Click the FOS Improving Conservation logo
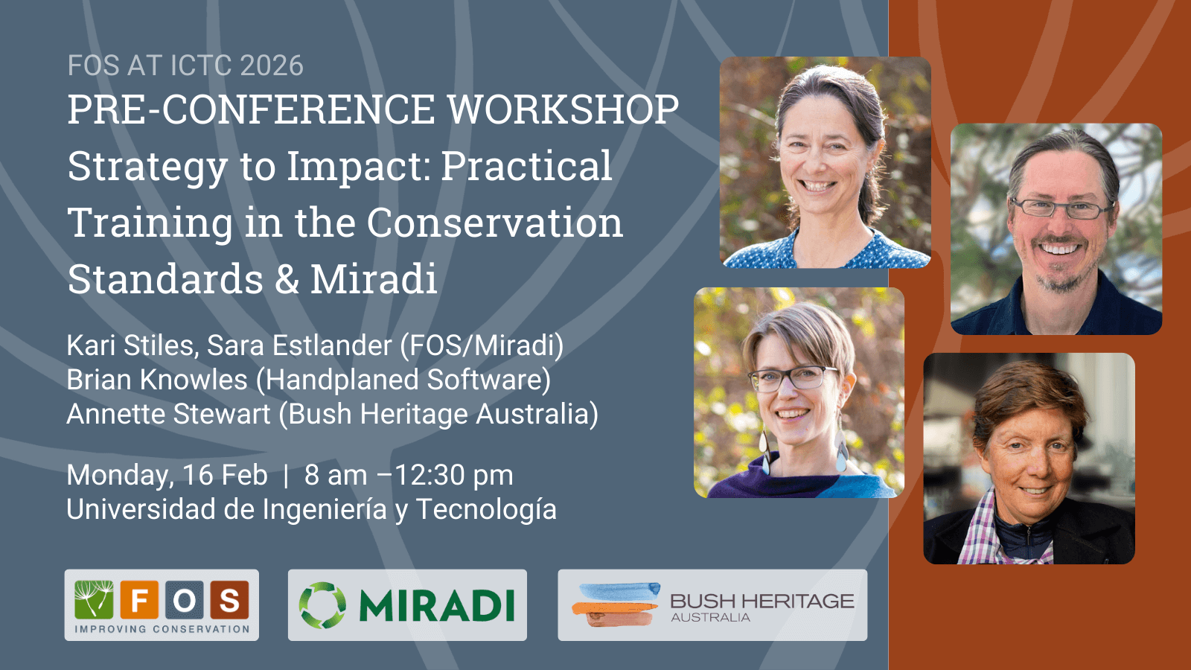[162, 605]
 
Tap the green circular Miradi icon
[322, 605]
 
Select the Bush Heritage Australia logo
[712, 605]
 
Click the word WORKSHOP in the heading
[563, 109]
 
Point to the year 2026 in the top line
[271, 66]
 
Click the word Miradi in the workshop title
[374, 278]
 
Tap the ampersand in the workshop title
[287, 279]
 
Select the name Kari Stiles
[130, 345]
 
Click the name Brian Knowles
[157, 380]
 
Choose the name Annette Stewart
[168, 414]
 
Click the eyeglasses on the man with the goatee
[1061, 208]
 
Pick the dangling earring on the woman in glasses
[841, 450]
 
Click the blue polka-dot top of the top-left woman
[827, 251]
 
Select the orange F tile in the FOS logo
[139, 599]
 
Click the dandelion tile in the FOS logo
[94, 599]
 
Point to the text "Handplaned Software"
[403, 380]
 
